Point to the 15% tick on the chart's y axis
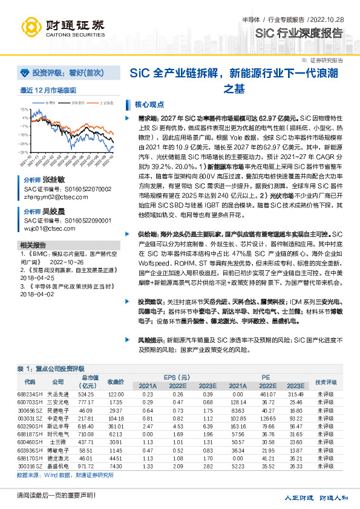click(24, 110)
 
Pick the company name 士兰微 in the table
click(57, 443)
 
